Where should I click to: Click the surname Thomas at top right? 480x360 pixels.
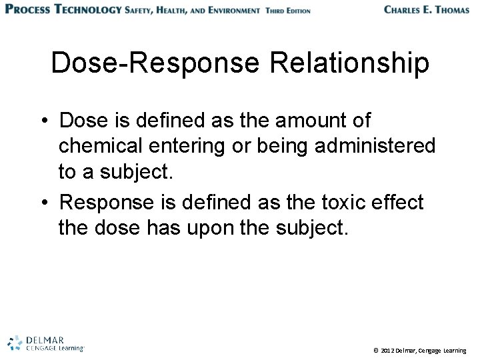tap(448, 10)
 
